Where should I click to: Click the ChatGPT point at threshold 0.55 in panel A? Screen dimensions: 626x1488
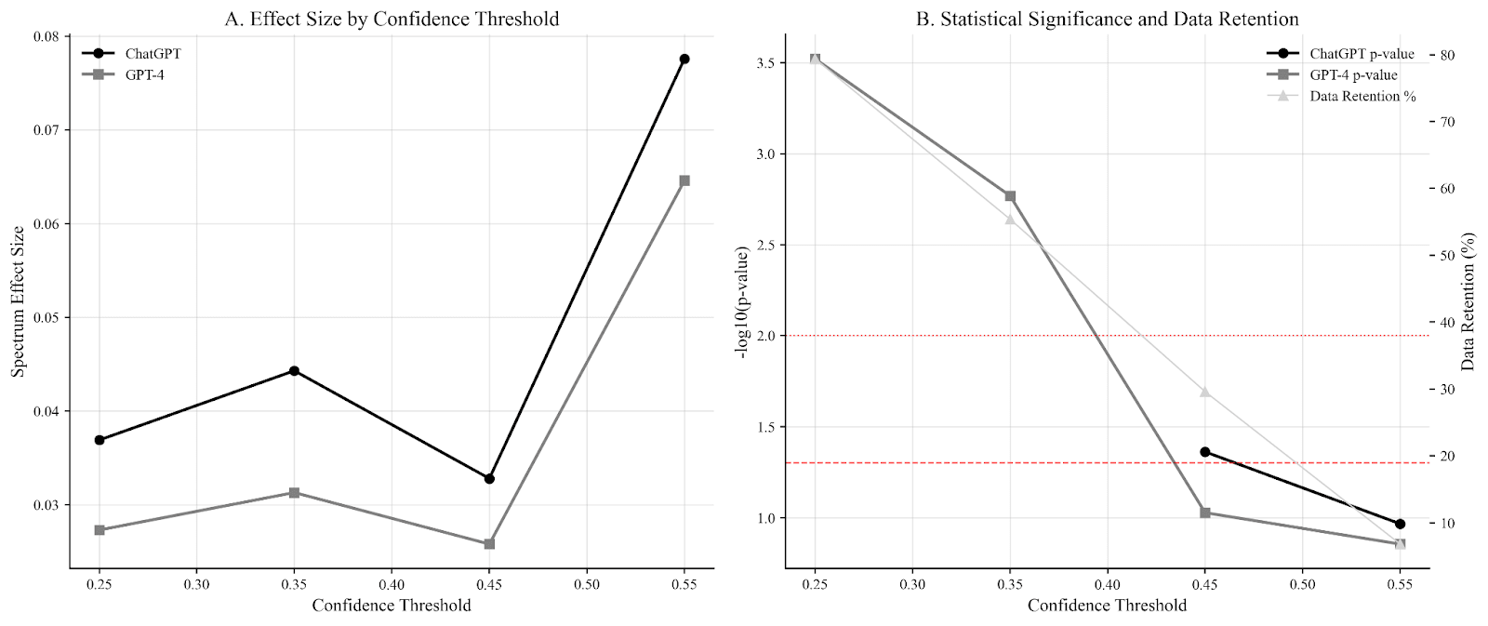684,59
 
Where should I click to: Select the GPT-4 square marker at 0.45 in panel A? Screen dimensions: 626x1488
489,543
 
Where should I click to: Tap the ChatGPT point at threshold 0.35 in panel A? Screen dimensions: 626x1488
294,370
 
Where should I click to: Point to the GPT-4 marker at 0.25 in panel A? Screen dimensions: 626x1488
100,529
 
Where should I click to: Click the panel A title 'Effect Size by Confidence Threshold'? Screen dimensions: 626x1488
392,19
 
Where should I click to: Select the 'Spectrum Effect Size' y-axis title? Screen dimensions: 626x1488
18,301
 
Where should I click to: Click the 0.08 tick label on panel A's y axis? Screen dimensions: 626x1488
46,36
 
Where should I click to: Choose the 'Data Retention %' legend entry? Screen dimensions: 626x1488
1362,96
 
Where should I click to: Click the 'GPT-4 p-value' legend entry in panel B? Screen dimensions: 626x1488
1353,75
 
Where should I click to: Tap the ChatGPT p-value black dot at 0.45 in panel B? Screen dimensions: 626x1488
1204,452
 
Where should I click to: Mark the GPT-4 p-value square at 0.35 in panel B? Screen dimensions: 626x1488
1010,196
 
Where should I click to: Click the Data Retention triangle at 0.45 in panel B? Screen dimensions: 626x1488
1204,392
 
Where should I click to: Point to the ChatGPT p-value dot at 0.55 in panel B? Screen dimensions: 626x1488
1400,524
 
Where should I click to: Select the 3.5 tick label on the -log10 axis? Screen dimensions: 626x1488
766,62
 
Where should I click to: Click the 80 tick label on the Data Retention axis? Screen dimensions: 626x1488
1447,55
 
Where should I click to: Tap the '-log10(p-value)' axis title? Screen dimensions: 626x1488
742,301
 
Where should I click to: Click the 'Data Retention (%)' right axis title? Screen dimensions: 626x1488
1468,301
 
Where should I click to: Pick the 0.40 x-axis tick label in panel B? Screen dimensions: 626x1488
1107,584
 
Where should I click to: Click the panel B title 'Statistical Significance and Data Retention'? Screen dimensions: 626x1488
1107,19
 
